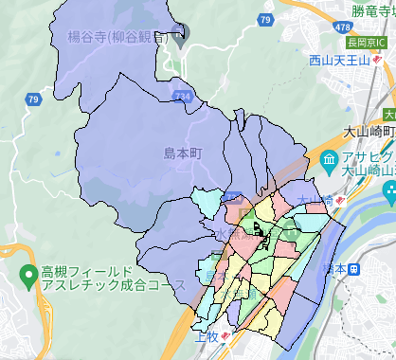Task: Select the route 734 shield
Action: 183,96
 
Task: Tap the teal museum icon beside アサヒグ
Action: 330,158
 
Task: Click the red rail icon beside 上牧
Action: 225,337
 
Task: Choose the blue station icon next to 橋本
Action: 354,268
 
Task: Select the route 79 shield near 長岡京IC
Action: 267,19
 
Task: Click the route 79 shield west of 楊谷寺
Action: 33,99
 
